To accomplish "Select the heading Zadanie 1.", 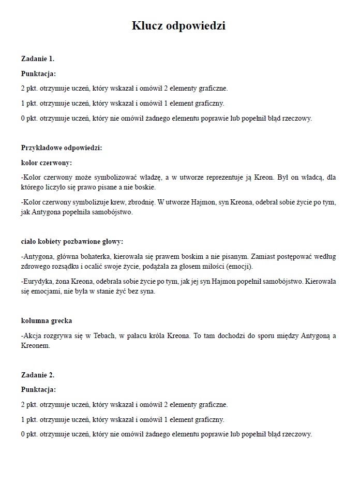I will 38,59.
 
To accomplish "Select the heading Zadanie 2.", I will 38,374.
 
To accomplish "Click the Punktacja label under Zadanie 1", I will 38,74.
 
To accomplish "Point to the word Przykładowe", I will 43,148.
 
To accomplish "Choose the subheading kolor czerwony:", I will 46,163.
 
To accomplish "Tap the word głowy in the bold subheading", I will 113,242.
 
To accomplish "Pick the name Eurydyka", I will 38,282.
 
